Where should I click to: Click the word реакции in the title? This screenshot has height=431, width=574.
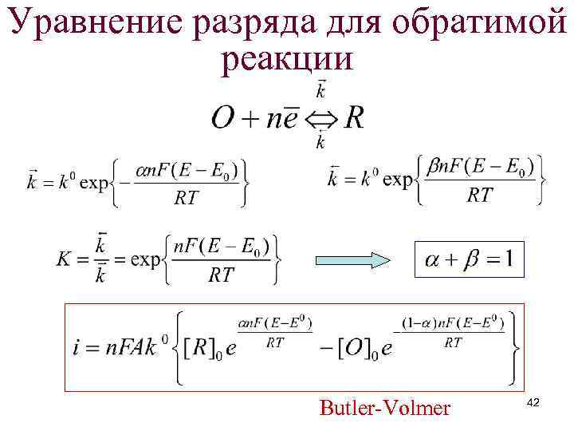286,61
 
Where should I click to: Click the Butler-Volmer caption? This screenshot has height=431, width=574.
384,409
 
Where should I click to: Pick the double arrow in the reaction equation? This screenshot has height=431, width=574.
321,120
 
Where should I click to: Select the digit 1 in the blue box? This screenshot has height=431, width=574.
509,258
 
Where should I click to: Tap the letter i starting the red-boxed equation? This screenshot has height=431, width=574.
77,348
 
